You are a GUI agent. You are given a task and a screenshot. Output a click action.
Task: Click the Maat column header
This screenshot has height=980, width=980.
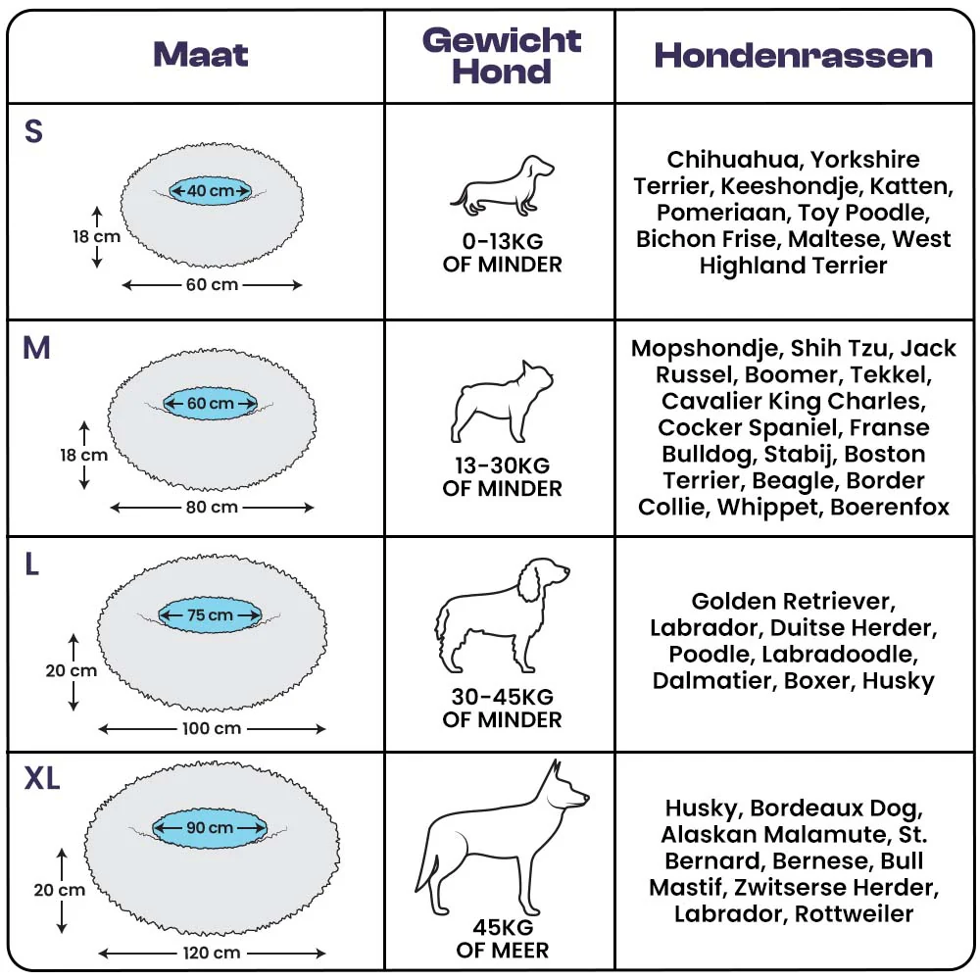pyautogui.click(x=201, y=54)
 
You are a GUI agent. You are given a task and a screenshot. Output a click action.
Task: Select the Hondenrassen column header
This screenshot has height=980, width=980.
pyautogui.click(x=793, y=56)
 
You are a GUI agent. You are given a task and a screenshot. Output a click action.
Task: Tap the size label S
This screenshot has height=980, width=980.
pyautogui.click(x=33, y=131)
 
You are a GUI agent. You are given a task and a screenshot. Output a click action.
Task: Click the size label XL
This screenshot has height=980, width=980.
pyautogui.click(x=42, y=778)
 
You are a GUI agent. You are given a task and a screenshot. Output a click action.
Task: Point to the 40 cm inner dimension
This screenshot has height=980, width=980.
pyautogui.click(x=211, y=191)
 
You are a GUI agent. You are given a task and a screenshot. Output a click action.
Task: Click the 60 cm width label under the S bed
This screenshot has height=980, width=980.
pyautogui.click(x=212, y=284)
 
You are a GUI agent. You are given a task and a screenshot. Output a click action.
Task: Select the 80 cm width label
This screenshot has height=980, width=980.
pyautogui.click(x=212, y=507)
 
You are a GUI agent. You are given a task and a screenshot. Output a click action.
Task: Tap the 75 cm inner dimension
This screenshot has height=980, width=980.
pyautogui.click(x=210, y=615)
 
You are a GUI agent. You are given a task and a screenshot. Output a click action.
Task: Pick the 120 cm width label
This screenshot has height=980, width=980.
pyautogui.click(x=212, y=953)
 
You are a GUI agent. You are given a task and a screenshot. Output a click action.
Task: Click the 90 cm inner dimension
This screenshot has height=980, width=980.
pyautogui.click(x=210, y=827)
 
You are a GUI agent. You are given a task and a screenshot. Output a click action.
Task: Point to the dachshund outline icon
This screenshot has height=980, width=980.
pyautogui.click(x=502, y=185)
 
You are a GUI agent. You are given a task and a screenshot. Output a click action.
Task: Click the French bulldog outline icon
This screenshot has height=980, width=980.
pyautogui.click(x=502, y=401)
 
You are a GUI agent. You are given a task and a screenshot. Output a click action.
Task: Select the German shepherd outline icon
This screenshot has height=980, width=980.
pyautogui.click(x=502, y=838)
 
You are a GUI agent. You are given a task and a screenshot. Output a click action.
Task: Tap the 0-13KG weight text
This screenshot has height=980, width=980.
pyautogui.click(x=503, y=241)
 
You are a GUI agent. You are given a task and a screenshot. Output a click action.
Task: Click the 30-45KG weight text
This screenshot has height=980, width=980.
pyautogui.click(x=503, y=696)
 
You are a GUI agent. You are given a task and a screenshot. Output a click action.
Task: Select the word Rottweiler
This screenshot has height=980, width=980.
pyautogui.click(x=854, y=913)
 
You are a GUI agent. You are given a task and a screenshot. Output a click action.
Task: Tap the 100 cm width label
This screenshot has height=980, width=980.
pyautogui.click(x=212, y=728)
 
